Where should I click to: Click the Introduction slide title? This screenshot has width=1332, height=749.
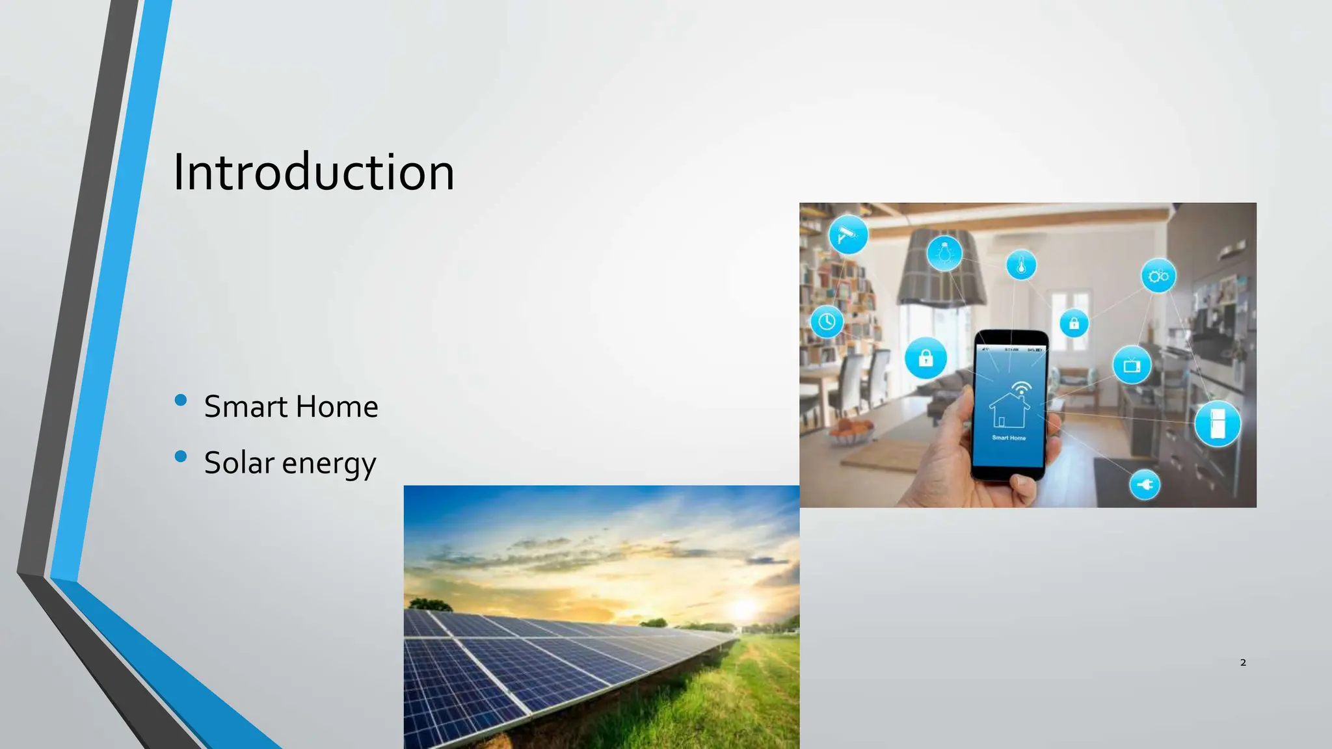[x=313, y=172]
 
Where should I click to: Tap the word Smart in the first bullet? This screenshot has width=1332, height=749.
[x=246, y=407]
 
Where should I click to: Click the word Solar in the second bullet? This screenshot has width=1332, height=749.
[x=239, y=463]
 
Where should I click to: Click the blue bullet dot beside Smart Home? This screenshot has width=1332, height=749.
[x=181, y=400]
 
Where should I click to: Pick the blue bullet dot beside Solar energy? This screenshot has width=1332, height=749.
[x=181, y=456]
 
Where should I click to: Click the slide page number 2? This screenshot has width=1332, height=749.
[x=1243, y=663]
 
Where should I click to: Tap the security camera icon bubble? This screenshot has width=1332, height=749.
[x=848, y=235]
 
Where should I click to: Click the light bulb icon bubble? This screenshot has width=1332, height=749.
[x=944, y=253]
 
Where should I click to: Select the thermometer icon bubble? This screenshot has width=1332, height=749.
[x=1021, y=265]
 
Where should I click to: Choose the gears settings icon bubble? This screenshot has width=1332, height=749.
[x=1158, y=276]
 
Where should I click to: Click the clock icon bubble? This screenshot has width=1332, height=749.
[x=827, y=321]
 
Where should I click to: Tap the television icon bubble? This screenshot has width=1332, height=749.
[x=1132, y=365]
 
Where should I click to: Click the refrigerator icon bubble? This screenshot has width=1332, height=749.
[x=1217, y=424]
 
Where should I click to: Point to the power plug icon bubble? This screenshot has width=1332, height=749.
[x=1145, y=484]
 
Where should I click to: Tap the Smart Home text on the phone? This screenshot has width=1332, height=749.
[x=1009, y=438]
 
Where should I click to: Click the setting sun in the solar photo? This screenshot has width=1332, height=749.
[x=743, y=609]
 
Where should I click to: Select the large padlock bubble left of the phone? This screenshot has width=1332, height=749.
[x=926, y=358]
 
